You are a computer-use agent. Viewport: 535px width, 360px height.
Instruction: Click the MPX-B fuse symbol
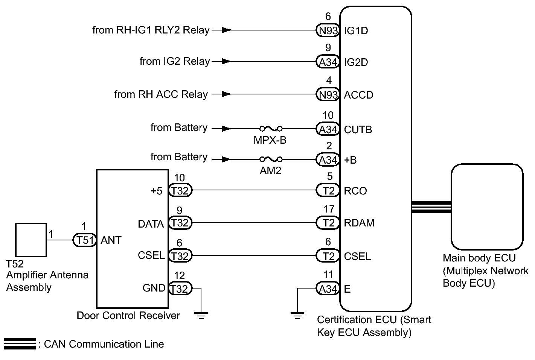coord(271,129)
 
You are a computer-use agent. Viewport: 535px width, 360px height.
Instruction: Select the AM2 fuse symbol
coord(271,159)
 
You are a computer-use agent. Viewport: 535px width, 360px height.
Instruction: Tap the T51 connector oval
coord(85,240)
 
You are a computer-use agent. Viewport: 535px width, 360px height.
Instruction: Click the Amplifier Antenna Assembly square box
coord(31,240)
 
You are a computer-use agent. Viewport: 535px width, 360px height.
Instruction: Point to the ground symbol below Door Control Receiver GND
coord(201,316)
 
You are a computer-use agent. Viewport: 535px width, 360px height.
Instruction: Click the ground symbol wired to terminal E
coord(297,316)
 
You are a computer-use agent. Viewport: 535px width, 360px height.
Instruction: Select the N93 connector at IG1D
coord(328,30)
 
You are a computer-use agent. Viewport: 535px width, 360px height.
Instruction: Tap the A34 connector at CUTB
coord(328,129)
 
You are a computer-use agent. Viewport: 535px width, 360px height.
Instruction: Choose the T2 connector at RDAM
coord(328,223)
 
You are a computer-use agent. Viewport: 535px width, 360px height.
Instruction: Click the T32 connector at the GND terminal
coord(180,289)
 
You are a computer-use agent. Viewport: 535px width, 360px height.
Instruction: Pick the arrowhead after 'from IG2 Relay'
coord(226,62)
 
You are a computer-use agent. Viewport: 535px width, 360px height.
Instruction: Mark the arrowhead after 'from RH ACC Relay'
coord(226,94)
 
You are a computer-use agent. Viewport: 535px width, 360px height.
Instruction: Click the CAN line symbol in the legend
coord(20,344)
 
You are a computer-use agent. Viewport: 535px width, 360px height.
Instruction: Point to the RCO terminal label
coord(355,191)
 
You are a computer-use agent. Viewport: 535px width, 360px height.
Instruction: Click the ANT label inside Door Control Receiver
coord(111,240)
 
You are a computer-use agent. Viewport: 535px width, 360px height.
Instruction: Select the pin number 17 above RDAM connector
coord(329,209)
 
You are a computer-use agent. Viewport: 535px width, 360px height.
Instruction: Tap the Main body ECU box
coord(487,207)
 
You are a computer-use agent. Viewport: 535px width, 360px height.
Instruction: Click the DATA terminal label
coord(151,224)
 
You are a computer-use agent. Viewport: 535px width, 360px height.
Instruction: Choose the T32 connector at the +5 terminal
coord(180,190)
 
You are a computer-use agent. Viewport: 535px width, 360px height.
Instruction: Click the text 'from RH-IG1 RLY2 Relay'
coord(151,30)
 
